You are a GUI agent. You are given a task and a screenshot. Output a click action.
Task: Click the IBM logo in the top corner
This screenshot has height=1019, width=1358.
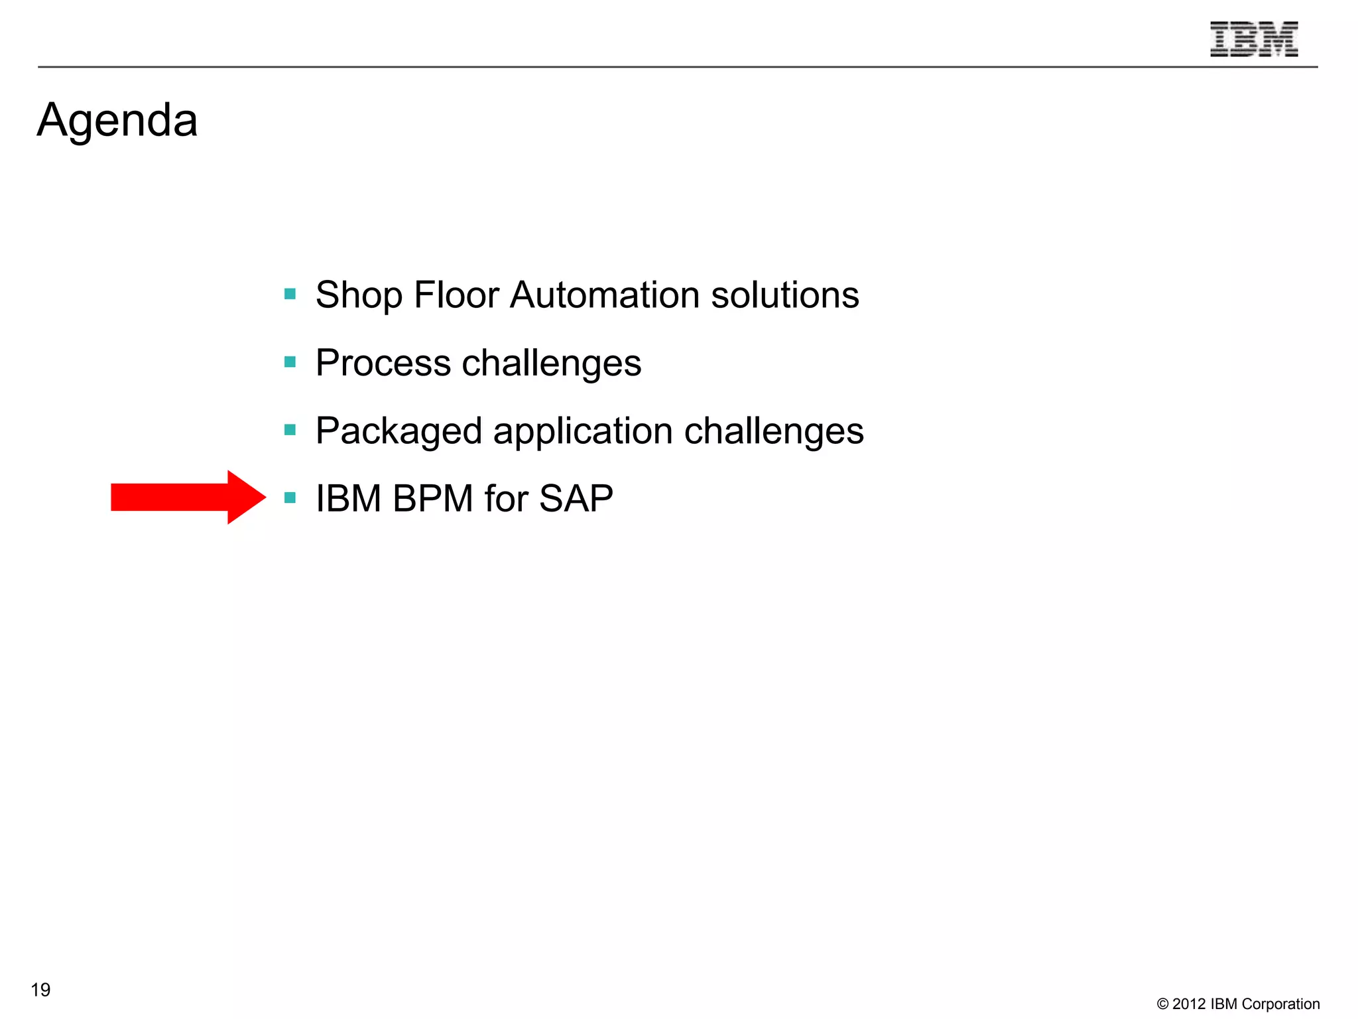(1253, 39)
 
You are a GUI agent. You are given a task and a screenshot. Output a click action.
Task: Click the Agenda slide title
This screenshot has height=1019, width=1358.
(117, 121)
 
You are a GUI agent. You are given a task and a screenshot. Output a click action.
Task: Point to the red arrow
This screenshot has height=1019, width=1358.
(188, 497)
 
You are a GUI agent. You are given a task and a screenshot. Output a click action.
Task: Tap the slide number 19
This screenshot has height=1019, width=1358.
(40, 990)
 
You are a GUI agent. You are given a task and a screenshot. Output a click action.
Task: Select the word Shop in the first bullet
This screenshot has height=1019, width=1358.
(359, 295)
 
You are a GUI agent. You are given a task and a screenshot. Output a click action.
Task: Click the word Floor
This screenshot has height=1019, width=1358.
(456, 295)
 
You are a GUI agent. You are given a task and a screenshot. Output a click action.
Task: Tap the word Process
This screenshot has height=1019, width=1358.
(383, 363)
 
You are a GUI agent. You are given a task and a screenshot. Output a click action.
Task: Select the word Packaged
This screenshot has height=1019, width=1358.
(399, 431)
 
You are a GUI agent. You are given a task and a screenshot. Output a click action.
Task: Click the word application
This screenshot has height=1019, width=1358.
(583, 431)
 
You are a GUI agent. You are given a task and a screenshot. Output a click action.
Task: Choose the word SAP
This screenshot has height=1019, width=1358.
(576, 498)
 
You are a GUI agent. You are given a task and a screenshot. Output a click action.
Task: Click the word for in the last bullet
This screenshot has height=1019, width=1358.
(506, 498)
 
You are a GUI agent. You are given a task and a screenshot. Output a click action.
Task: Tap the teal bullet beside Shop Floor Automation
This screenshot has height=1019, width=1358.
(290, 293)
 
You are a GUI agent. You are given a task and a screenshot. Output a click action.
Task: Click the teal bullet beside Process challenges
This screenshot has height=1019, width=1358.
(290, 362)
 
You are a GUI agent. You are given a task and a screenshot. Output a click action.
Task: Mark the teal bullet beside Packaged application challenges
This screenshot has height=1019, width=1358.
(290, 430)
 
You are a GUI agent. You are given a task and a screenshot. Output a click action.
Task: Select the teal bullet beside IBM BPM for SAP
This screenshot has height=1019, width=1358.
(290, 498)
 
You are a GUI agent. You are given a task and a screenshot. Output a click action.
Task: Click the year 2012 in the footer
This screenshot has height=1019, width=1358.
(1189, 1004)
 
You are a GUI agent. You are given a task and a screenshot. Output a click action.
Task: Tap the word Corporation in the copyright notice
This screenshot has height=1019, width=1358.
(1280, 1004)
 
